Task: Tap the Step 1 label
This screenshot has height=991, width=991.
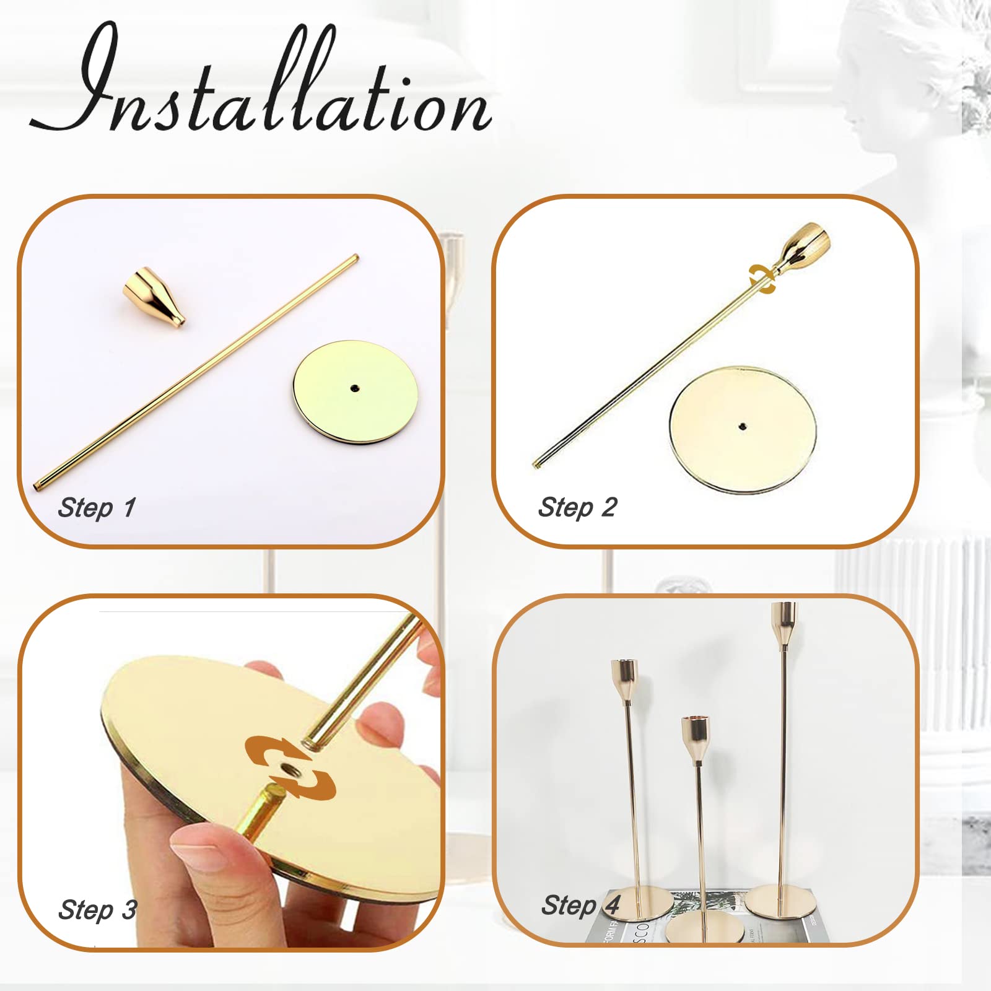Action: pos(96,509)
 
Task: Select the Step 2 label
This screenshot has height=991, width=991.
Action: pos(577,508)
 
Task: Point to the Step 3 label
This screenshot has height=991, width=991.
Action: pos(97,910)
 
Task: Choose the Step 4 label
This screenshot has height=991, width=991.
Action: pos(580,906)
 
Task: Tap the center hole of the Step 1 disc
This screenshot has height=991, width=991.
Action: pos(354,388)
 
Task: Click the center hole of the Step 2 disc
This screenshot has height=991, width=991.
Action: pos(742,426)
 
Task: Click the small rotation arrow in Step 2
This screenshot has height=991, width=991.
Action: pos(762,279)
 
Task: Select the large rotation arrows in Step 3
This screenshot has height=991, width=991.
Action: pos(290,767)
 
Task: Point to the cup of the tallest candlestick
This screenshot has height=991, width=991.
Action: pos(784,622)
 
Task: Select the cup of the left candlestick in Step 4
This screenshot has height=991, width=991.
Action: pos(624,679)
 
